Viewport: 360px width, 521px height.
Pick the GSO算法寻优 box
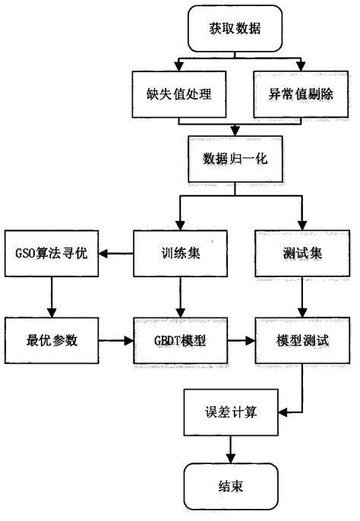click(x=49, y=254)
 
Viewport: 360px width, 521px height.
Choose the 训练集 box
click(x=179, y=254)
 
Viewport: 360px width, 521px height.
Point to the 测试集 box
click(x=302, y=254)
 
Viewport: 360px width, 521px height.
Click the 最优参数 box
click(x=49, y=339)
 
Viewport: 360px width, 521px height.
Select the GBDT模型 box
click(x=179, y=339)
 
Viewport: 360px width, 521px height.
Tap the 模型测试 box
click(x=302, y=339)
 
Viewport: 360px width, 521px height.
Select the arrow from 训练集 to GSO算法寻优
click(x=115, y=254)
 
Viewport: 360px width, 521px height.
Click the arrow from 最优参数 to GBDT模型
click(x=115, y=339)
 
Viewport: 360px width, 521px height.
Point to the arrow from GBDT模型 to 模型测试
click(x=241, y=339)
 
